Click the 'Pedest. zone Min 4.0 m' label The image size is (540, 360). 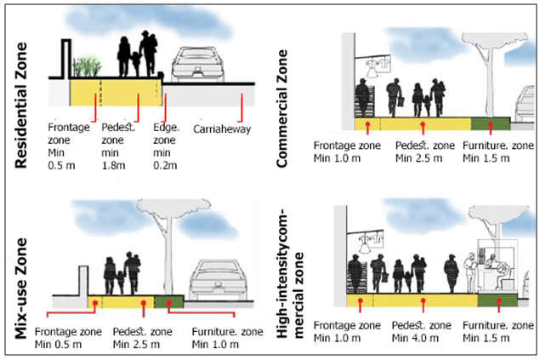pos(422,333)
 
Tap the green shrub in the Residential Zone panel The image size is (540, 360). pos(88,66)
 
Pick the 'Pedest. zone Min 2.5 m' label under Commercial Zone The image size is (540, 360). pos(423,151)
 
